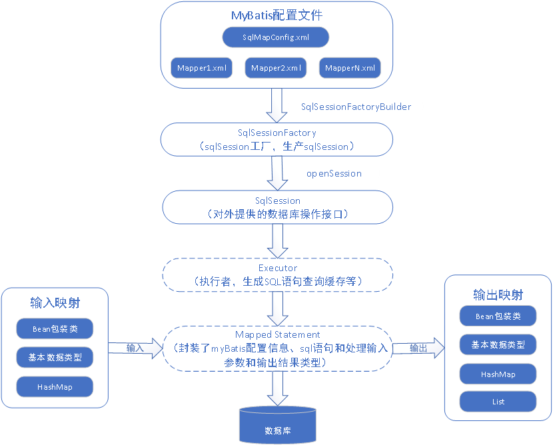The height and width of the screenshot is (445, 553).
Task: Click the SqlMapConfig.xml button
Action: click(276, 37)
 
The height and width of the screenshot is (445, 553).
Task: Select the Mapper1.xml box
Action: click(202, 68)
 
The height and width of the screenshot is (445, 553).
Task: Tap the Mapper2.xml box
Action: click(276, 68)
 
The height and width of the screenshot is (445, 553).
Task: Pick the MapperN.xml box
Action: click(350, 68)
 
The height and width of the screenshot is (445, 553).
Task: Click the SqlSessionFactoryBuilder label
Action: click(356, 107)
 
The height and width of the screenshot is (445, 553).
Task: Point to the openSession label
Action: click(334, 173)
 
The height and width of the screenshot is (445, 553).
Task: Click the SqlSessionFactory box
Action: click(276, 140)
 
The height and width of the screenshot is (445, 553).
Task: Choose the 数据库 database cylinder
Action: click(277, 426)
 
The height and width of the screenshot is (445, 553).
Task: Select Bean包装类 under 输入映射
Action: click(55, 328)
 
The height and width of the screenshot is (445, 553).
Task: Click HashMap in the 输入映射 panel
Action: click(55, 386)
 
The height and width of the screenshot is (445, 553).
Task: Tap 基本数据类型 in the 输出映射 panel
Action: click(498, 344)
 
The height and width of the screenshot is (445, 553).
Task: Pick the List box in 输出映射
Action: click(498, 401)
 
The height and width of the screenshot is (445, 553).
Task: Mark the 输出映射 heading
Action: click(498, 294)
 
